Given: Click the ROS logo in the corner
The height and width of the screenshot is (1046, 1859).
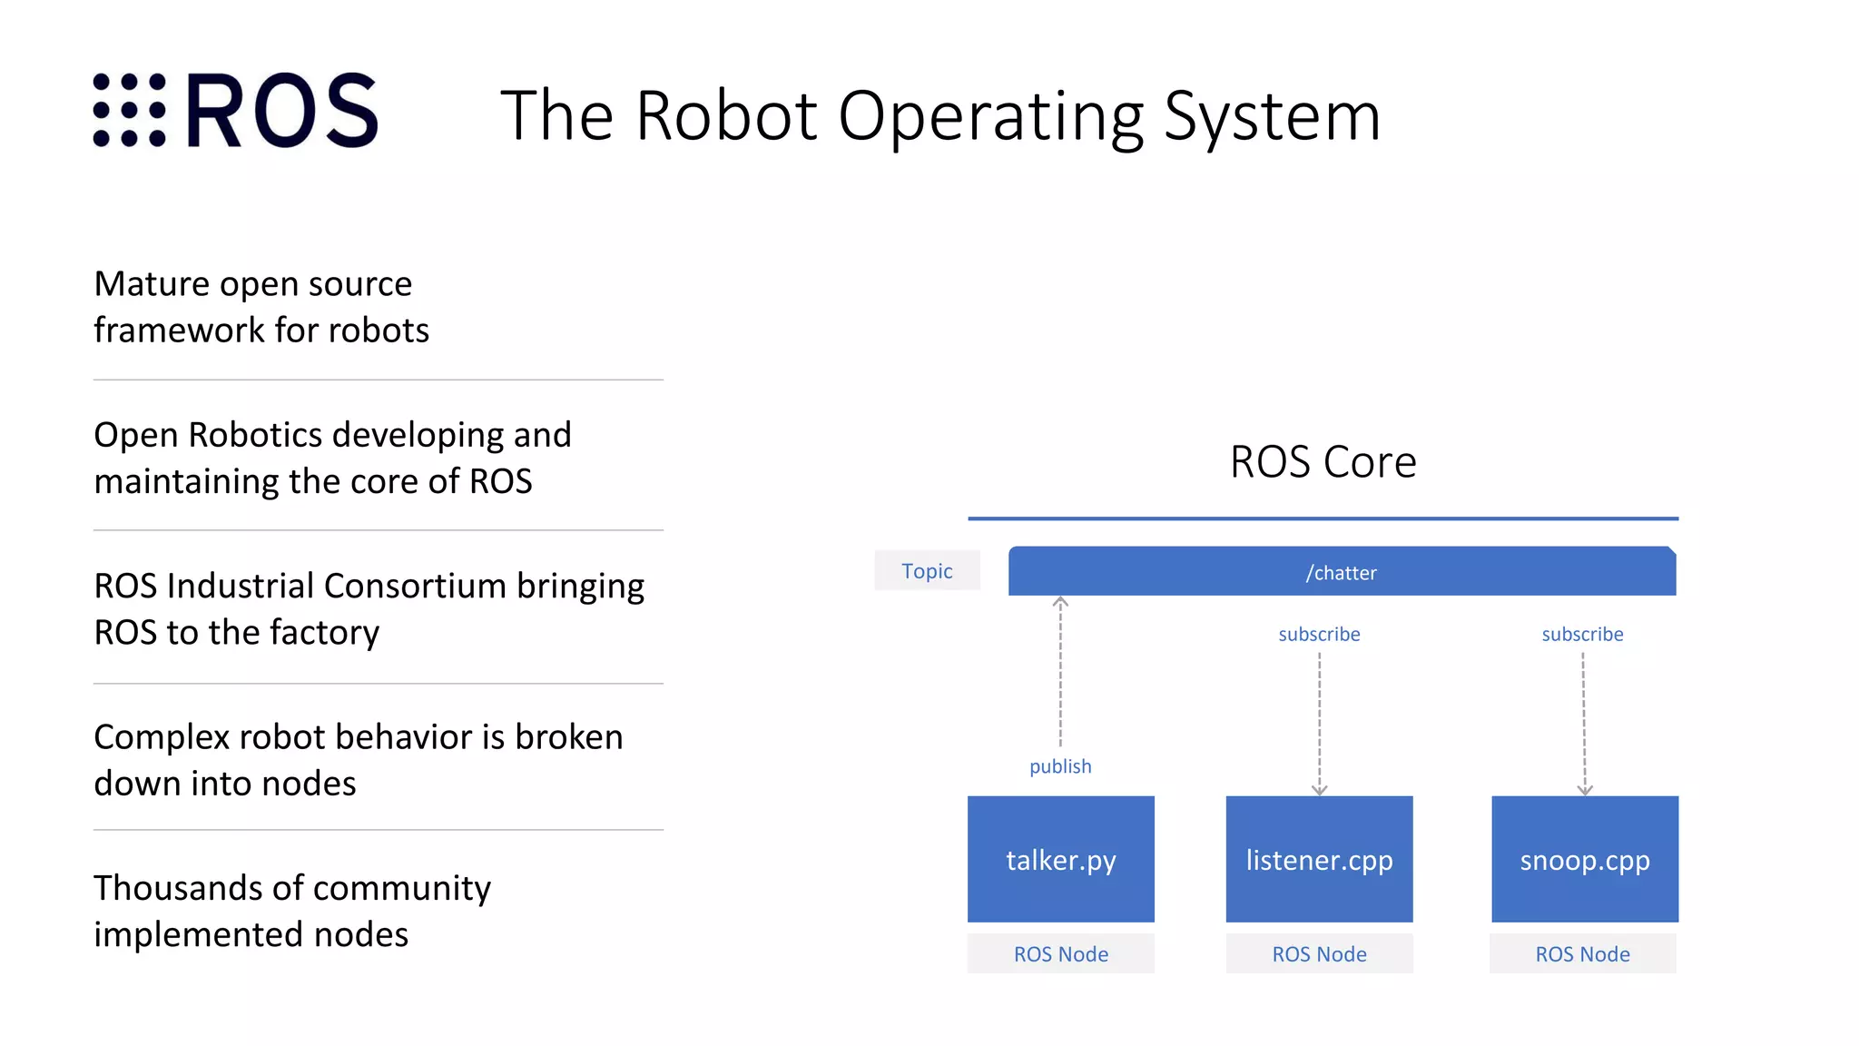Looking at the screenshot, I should (x=235, y=110).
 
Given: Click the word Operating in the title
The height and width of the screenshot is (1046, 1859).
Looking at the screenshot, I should (x=990, y=117).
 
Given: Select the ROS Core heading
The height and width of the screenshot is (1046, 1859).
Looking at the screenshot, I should (x=1323, y=462).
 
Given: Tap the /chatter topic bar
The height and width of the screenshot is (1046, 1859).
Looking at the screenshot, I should (x=1341, y=572).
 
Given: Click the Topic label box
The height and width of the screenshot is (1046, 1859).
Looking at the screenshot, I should (x=927, y=571).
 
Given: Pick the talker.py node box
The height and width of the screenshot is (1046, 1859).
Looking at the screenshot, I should (x=1060, y=859).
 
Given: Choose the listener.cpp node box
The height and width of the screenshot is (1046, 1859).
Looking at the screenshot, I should (x=1319, y=859).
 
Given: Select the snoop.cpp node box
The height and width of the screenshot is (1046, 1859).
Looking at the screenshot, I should (x=1584, y=859).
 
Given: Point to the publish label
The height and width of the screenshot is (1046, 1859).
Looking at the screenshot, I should (x=1060, y=766).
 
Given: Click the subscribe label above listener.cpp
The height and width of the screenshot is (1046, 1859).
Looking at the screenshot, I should (x=1319, y=634).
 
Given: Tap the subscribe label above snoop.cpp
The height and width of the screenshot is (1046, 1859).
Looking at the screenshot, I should (x=1582, y=634).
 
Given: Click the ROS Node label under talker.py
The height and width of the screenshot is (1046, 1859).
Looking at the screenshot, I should (x=1060, y=954).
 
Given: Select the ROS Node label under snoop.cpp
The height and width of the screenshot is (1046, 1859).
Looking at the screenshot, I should (x=1582, y=954).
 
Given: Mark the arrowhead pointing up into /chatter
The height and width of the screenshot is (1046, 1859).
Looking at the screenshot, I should (x=1060, y=601).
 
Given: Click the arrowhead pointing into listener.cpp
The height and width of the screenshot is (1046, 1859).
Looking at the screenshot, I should (x=1320, y=790).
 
